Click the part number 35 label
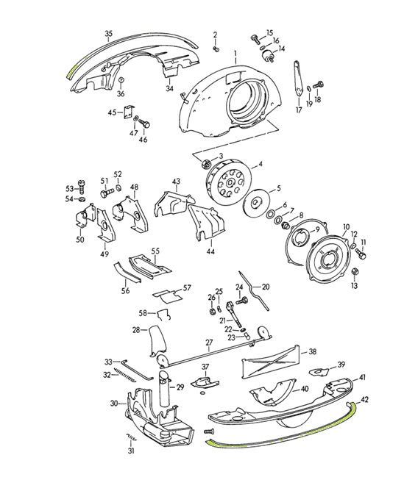pos(108,34)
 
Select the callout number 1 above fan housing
pos(235,54)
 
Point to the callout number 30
pos(114,403)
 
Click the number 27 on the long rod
pos(209,343)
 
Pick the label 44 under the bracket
pos(210,251)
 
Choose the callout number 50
pos(80,240)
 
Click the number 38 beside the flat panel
pos(312,352)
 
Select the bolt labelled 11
pos(360,254)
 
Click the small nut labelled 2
pos(216,49)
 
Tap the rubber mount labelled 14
pos(263,57)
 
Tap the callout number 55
pos(155,251)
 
